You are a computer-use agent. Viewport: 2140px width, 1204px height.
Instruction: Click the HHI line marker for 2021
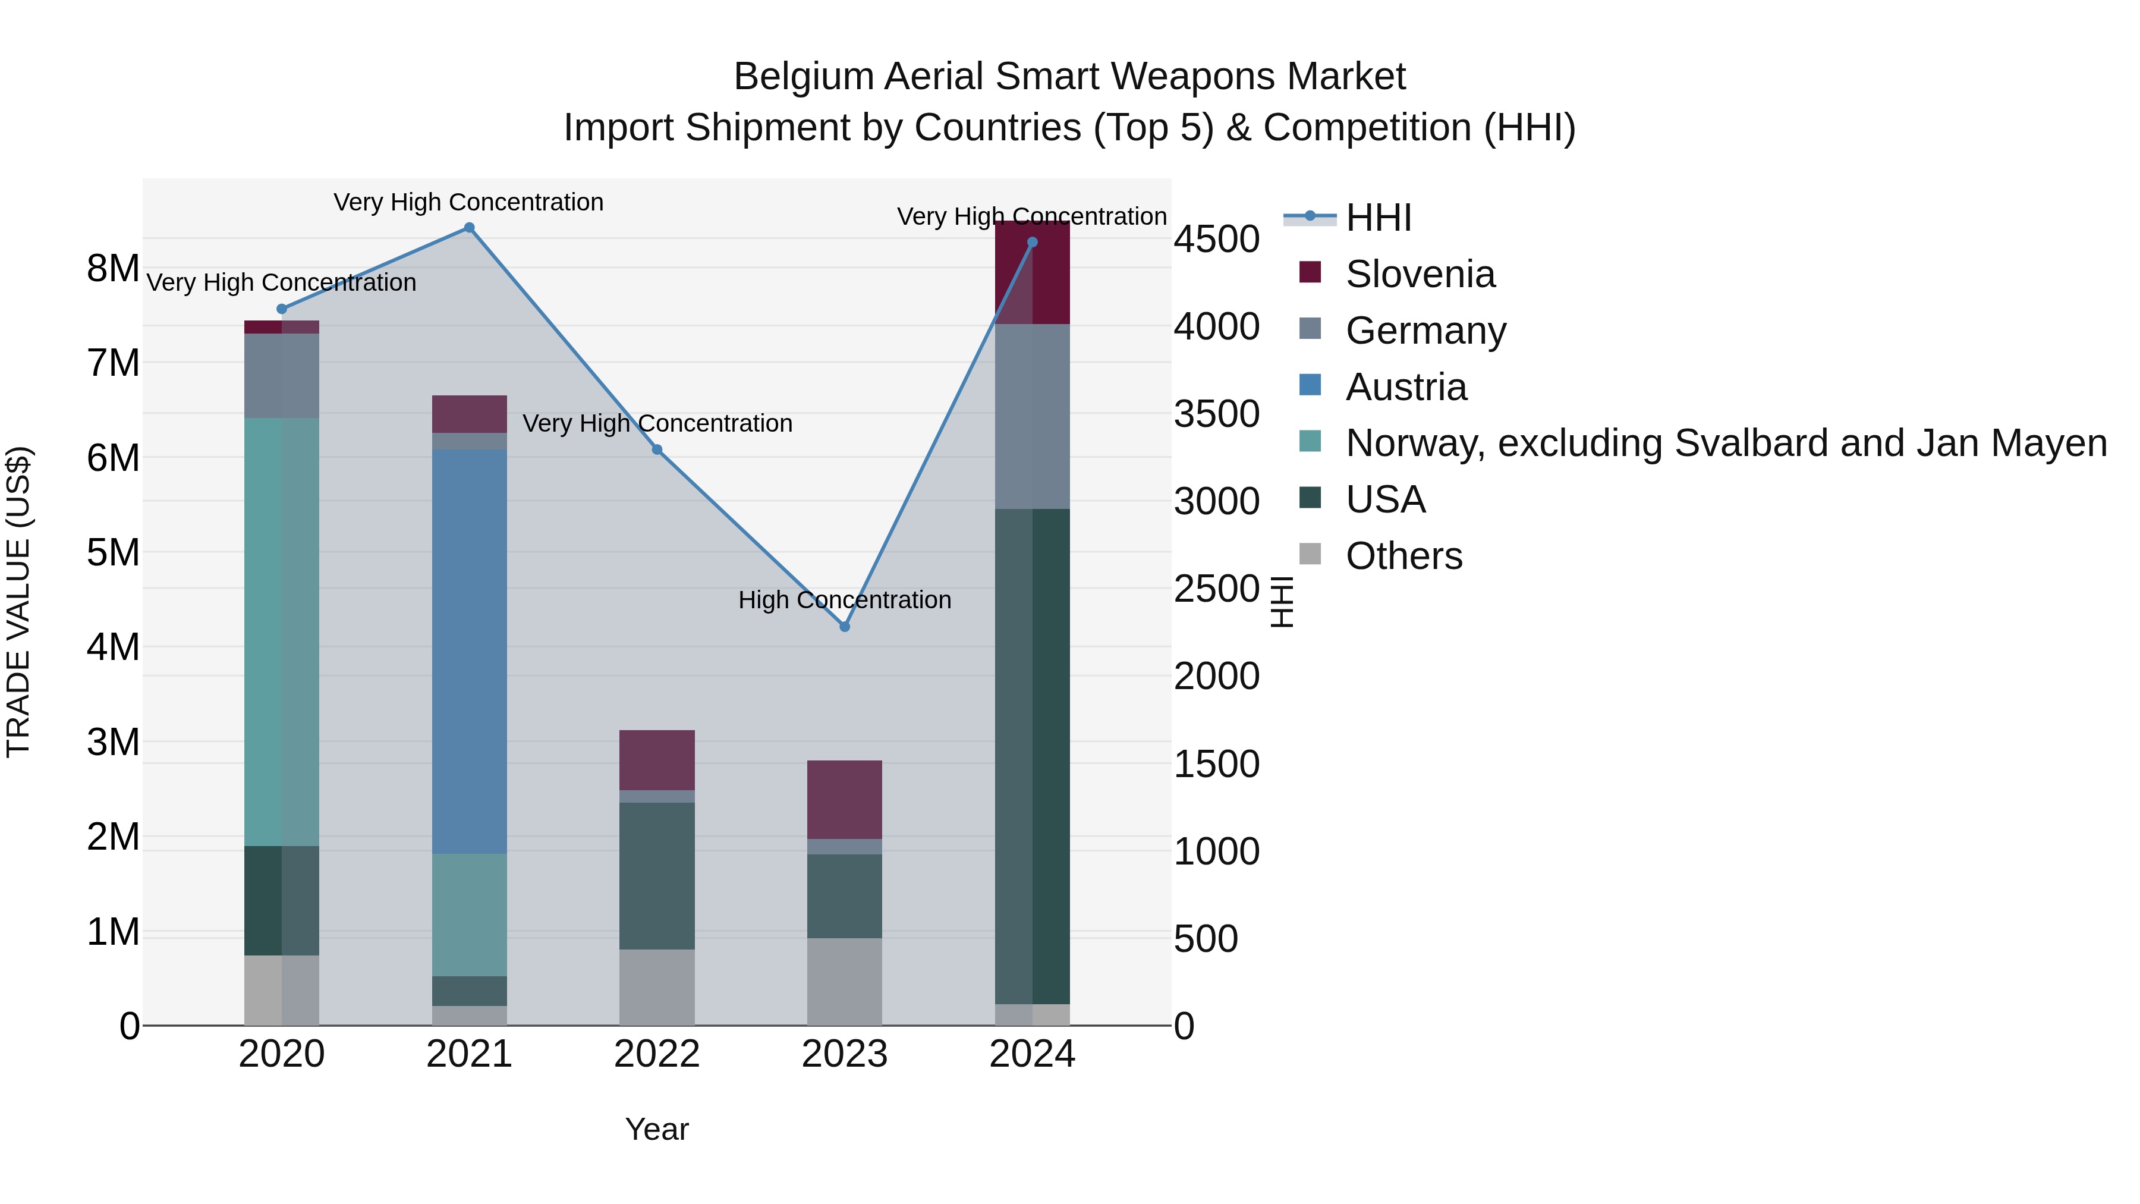pyautogui.click(x=470, y=228)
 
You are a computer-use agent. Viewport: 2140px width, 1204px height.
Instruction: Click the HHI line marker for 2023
pyautogui.click(x=845, y=627)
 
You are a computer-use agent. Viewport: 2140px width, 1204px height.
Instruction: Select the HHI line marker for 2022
pyautogui.click(x=657, y=449)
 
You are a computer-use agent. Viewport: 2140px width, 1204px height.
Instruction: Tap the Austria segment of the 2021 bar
pyautogui.click(x=470, y=652)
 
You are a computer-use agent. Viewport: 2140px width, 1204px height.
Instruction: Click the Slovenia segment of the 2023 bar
pyautogui.click(x=845, y=799)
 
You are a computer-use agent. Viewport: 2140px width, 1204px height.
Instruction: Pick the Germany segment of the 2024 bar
pyautogui.click(x=1033, y=416)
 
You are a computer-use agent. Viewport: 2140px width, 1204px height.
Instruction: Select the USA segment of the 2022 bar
pyautogui.click(x=657, y=876)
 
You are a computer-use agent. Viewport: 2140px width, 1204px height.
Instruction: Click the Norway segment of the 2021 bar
pyautogui.click(x=470, y=915)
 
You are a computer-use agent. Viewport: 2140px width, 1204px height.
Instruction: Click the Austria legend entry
pyautogui.click(x=1406, y=387)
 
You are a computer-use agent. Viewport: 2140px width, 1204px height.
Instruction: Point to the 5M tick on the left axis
pyautogui.click(x=113, y=552)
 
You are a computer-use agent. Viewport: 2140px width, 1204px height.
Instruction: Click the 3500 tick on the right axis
pyautogui.click(x=1216, y=414)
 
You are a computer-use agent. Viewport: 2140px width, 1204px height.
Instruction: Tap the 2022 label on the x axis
pyautogui.click(x=657, y=1054)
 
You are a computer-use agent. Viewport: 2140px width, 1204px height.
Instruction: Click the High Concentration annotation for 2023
pyautogui.click(x=845, y=600)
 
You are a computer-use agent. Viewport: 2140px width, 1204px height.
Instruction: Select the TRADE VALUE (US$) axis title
pyautogui.click(x=19, y=602)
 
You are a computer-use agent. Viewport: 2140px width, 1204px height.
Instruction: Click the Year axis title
pyautogui.click(x=657, y=1129)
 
